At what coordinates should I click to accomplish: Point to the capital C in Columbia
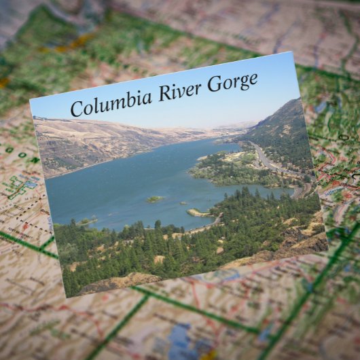click(x=77, y=109)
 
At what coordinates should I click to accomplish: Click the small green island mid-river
click(x=155, y=199)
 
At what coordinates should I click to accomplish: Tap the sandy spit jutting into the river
click(x=198, y=213)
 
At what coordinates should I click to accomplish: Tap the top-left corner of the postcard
click(x=30, y=99)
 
